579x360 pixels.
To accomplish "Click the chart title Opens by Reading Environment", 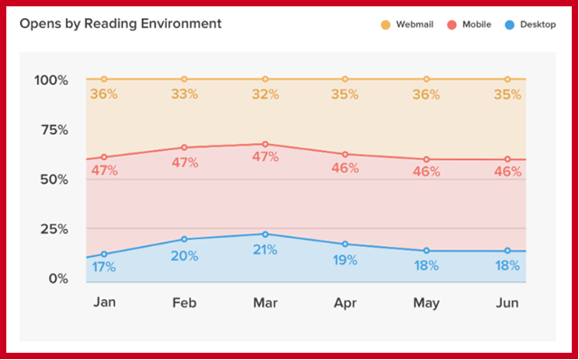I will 120,24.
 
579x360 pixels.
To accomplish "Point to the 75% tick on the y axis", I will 52,129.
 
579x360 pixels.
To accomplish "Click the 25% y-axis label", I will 52,229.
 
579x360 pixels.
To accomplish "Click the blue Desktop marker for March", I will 265,233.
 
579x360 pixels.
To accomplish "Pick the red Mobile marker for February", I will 185,147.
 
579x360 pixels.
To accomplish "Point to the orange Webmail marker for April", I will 346,80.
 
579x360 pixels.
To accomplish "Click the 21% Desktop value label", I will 265,250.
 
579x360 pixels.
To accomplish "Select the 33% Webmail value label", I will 185,93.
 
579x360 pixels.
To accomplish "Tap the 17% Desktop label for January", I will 104,267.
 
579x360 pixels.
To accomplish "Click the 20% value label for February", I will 185,256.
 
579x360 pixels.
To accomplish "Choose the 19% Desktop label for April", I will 346,260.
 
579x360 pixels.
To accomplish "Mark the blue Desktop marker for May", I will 426,251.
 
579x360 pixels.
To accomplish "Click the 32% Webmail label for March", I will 265,93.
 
